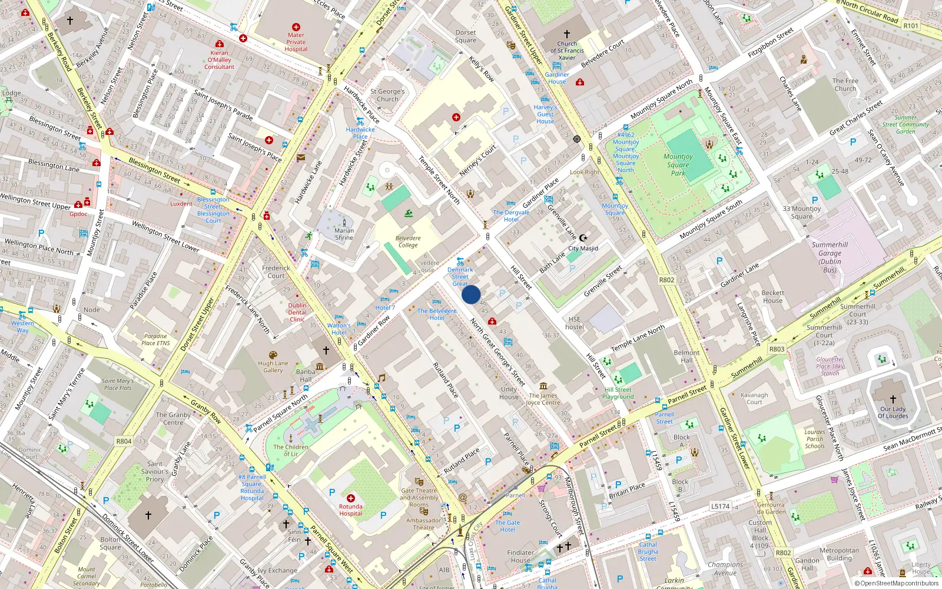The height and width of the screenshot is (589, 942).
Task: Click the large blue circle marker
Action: pyautogui.click(x=471, y=294)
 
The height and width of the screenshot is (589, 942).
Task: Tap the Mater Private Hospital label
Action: pyautogui.click(x=296, y=42)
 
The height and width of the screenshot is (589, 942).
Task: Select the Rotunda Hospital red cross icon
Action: pyautogui.click(x=351, y=498)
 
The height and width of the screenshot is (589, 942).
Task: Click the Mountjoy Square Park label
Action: pyautogui.click(x=678, y=164)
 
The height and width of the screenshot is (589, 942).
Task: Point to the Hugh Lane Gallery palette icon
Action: pyautogui.click(x=273, y=355)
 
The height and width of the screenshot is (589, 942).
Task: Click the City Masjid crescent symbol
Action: pyautogui.click(x=583, y=238)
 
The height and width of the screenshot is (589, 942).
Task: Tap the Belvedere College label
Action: pyautogui.click(x=408, y=241)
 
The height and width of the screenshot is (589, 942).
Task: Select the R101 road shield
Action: pyautogui.click(x=911, y=25)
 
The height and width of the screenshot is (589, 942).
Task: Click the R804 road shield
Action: pyautogui.click(x=124, y=441)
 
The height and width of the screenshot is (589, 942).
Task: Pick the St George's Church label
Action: pyautogui.click(x=387, y=95)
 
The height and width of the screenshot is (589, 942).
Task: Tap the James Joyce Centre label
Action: pyautogui.click(x=543, y=399)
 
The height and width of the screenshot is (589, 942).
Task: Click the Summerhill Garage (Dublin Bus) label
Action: pyautogui.click(x=830, y=257)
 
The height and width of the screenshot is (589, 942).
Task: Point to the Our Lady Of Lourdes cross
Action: pyautogui.click(x=893, y=399)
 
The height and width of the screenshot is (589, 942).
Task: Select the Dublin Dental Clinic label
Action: pyautogui.click(x=297, y=312)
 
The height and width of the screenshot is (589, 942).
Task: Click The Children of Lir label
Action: pyautogui.click(x=291, y=450)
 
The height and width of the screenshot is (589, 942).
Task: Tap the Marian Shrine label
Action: pyautogui.click(x=344, y=234)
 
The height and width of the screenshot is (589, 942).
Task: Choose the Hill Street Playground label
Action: pyautogui.click(x=618, y=393)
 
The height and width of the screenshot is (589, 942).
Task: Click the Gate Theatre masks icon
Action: pyautogui.click(x=419, y=481)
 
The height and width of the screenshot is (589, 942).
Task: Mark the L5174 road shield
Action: pyautogui.click(x=720, y=506)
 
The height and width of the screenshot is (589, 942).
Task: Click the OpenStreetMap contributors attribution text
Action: pyautogui.click(x=896, y=583)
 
